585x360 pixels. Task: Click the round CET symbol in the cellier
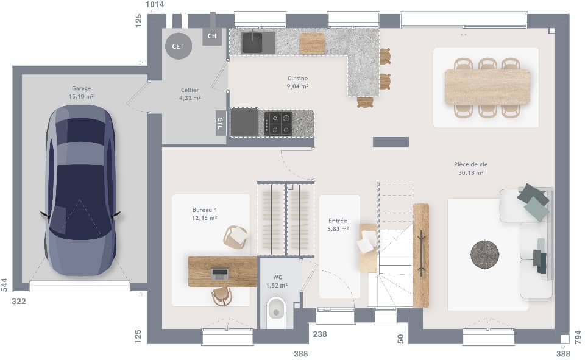[178, 46]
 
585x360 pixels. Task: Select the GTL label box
[220, 124]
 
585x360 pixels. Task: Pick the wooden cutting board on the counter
[313, 43]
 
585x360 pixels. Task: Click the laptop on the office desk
[219, 273]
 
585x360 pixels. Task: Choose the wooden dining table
[487, 87]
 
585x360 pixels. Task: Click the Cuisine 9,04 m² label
[298, 82]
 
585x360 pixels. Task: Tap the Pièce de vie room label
[470, 168]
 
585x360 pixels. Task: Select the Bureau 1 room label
[205, 214]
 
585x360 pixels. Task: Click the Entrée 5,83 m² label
[338, 225]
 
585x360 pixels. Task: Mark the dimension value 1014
[155, 5]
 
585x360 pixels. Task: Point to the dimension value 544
[5, 284]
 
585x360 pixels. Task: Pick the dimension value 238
[319, 334]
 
